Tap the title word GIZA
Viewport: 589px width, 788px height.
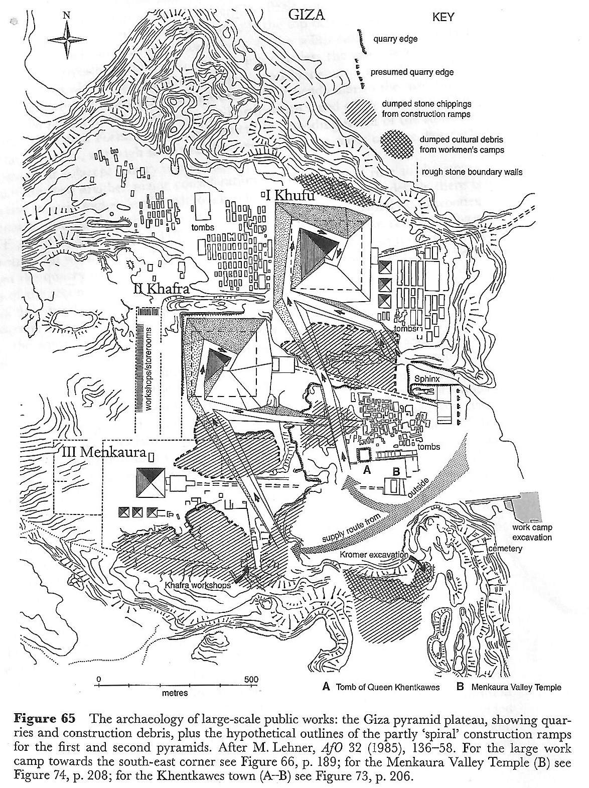[x=307, y=15]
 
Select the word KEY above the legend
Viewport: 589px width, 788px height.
[x=443, y=18]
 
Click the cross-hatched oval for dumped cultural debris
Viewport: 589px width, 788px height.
[x=397, y=143]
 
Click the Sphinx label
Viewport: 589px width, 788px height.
[x=426, y=379]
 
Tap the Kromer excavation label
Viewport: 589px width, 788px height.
[x=374, y=555]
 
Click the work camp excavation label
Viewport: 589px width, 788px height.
[x=532, y=533]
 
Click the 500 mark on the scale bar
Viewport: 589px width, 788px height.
[x=251, y=680]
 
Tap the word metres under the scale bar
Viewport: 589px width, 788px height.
[x=175, y=693]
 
